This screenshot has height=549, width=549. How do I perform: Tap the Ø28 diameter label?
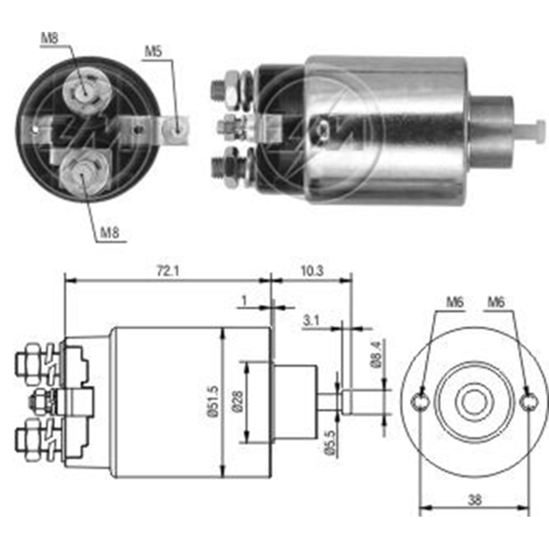click(237, 402)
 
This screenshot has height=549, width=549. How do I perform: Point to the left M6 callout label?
click(455, 301)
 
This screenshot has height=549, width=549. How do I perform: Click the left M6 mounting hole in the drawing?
click(420, 402)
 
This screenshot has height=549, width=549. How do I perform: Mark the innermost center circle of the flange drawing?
click(473, 402)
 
